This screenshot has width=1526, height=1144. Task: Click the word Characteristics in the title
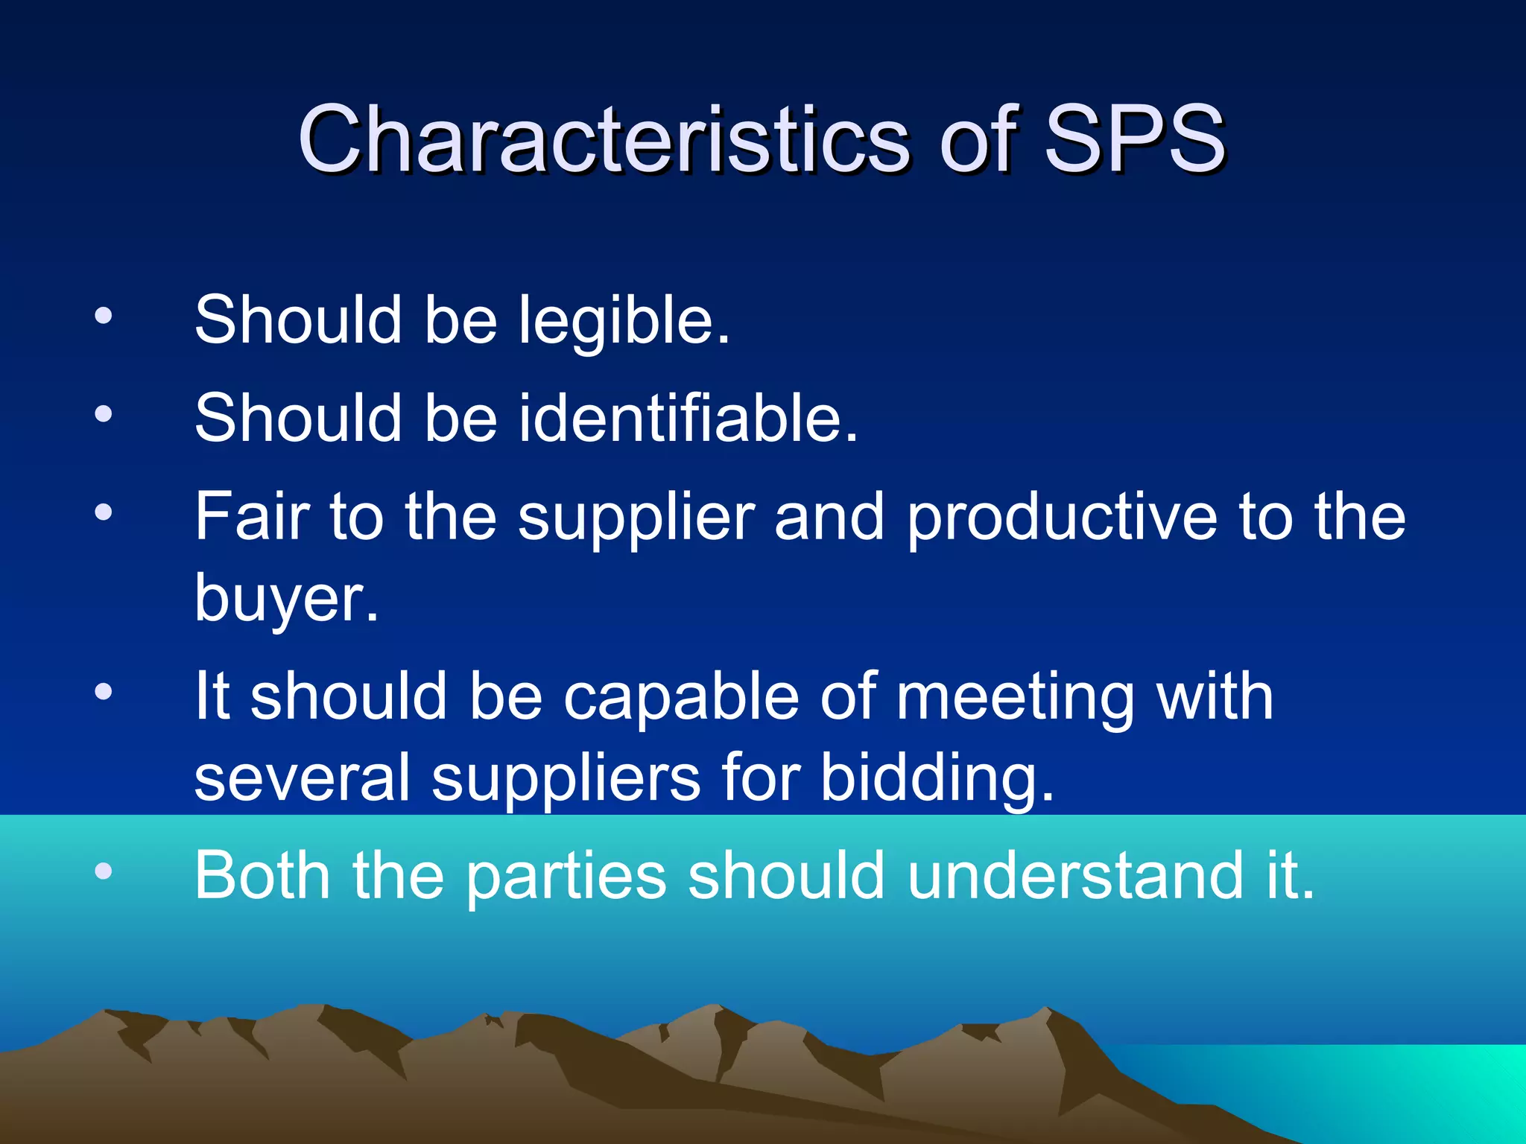coord(604,139)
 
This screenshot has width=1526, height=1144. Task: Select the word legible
coord(624,320)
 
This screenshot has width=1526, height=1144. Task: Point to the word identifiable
coord(688,418)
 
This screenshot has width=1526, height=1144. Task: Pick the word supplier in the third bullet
coord(636,518)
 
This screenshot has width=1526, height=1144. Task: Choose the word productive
coord(1062,518)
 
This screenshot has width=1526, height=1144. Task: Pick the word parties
coord(566,877)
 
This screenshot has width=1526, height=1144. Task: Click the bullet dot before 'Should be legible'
coord(104,316)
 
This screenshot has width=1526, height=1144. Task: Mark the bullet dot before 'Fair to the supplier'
coord(104,512)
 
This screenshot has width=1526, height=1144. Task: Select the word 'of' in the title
coord(978,139)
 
